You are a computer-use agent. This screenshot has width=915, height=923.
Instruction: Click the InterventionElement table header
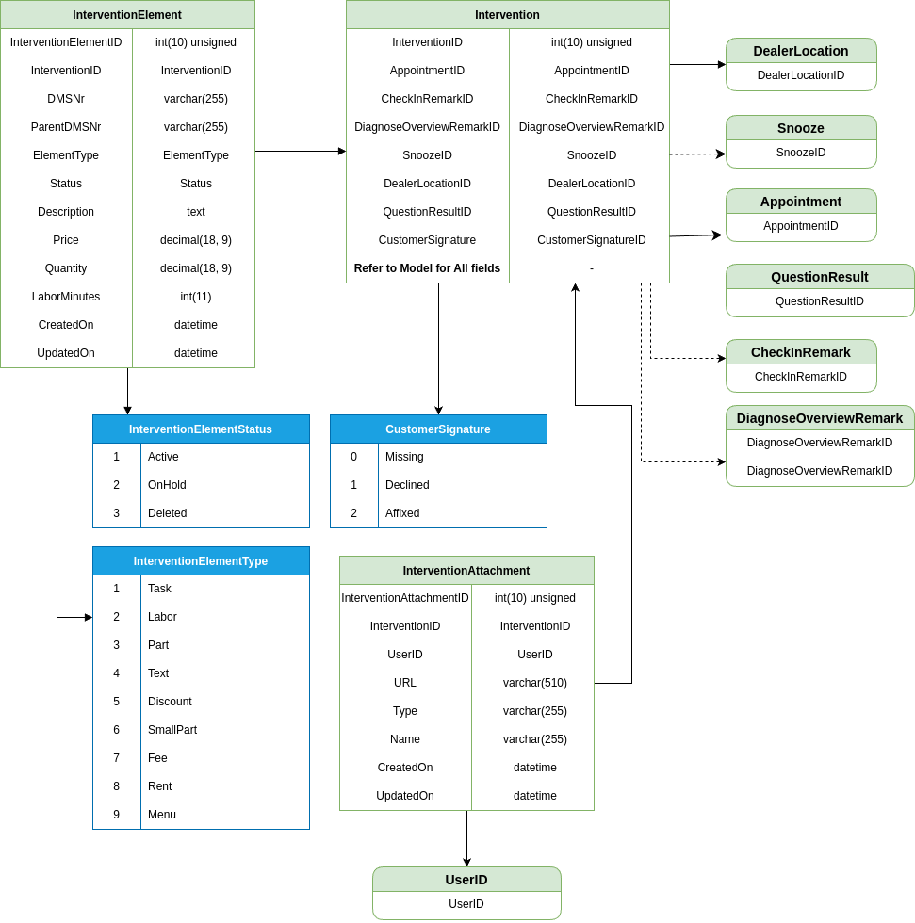127,15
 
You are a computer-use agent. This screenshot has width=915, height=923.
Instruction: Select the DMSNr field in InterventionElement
66,99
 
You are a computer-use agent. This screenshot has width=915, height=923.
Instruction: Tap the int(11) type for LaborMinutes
195,297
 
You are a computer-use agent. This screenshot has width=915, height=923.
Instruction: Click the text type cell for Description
195,212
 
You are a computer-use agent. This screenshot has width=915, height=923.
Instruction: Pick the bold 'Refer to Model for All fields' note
427,268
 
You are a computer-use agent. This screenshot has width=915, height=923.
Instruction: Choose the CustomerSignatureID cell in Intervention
591,240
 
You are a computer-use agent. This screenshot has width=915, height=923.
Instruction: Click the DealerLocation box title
801,51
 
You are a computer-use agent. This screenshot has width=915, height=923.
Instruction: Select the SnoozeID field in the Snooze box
801,153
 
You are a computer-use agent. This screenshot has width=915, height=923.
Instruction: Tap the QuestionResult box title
820,277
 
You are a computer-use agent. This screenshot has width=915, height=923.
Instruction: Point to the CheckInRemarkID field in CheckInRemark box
801,377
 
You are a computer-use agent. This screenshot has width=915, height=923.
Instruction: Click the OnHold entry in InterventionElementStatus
167,485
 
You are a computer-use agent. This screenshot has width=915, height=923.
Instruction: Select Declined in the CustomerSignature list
407,485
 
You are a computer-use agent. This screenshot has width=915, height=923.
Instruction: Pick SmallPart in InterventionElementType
172,730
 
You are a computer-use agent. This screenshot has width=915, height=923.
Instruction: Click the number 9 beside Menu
117,815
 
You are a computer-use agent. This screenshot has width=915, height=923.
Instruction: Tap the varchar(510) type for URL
534,683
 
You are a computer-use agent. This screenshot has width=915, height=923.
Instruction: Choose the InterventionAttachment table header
466,571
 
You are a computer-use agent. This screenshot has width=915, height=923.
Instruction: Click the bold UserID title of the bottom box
466,880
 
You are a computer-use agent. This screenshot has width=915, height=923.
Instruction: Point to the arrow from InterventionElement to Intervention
301,152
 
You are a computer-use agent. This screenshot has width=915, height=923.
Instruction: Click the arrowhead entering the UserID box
466,863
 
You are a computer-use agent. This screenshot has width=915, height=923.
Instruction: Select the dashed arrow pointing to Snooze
697,154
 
